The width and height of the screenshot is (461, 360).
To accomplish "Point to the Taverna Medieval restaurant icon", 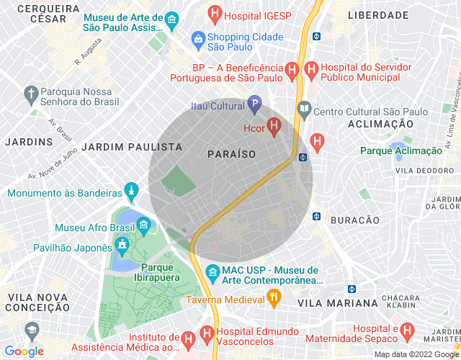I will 274,296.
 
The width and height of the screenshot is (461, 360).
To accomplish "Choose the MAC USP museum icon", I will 212,273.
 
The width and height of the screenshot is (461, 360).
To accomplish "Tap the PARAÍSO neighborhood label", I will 231,154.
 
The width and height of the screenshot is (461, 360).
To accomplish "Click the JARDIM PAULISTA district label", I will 133,146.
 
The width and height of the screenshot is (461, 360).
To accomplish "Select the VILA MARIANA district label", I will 337,303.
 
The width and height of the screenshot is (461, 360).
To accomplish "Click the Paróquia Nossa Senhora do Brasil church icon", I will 30,93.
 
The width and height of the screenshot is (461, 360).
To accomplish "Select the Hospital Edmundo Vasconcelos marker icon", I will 207,336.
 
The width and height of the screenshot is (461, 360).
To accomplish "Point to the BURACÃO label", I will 354,220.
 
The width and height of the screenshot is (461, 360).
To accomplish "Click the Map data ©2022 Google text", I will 415,354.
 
